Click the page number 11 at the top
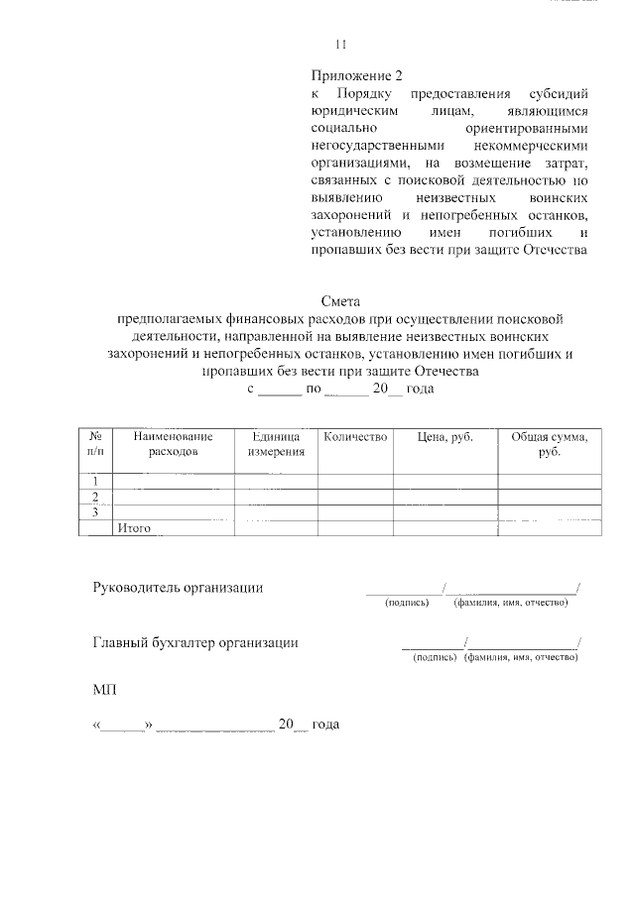coord(341,44)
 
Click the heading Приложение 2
coord(357,75)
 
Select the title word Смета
coord(341,300)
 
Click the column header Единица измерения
coord(275,443)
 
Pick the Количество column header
coord(354,436)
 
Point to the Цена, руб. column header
coord(444,436)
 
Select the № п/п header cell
coord(97,443)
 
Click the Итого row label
coord(133,529)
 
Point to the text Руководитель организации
coord(178,588)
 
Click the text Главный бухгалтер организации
coord(195,642)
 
